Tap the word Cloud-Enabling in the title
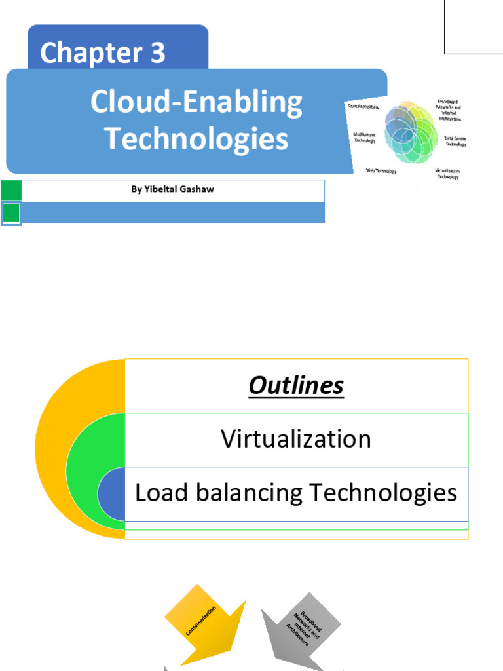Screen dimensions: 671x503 [x=196, y=103]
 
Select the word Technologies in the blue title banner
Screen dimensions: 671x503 [x=196, y=139]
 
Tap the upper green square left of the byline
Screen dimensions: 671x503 [x=11, y=191]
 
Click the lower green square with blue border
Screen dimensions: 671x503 [x=11, y=214]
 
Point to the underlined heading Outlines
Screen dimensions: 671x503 [x=295, y=386]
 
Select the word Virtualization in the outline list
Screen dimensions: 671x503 [x=295, y=438]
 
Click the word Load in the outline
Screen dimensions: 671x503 [x=155, y=493]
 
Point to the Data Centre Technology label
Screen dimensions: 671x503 [x=455, y=141]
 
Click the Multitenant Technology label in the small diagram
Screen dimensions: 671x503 [x=364, y=137]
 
